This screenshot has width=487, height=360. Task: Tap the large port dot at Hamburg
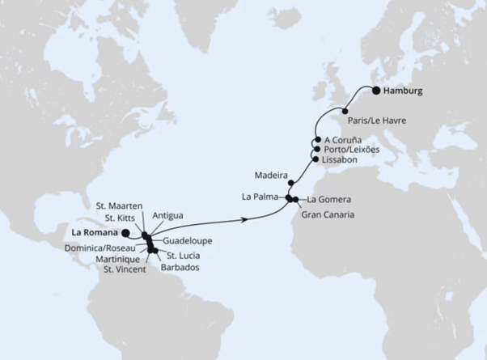(x=376, y=91)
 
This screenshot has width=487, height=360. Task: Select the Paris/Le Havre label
(x=376, y=120)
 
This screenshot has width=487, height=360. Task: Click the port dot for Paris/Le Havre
(x=345, y=111)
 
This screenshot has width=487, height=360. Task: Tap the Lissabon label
(x=340, y=159)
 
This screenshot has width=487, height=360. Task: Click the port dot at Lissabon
(x=315, y=159)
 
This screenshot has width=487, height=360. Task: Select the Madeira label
(x=269, y=173)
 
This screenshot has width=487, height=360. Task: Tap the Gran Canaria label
(x=327, y=214)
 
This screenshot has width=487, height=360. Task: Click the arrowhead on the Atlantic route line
(x=244, y=218)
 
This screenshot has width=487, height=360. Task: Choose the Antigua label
(x=167, y=215)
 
